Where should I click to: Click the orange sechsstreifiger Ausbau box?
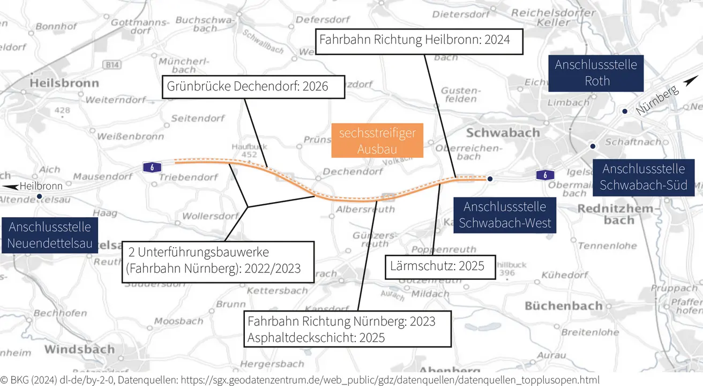pyautogui.click(x=377, y=141)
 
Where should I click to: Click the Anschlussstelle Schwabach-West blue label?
pyautogui.click(x=505, y=214)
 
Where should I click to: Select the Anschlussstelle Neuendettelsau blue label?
pyautogui.click(x=49, y=235)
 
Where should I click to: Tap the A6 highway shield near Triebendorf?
pyautogui.click(x=152, y=167)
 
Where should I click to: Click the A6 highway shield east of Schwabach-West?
pyautogui.click(x=544, y=175)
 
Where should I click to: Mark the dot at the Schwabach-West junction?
pyautogui.click(x=490, y=179)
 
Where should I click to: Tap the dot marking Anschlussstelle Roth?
pyautogui.click(x=625, y=111)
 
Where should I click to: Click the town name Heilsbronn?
pyautogui.click(x=64, y=83)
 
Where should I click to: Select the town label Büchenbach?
pyautogui.click(x=564, y=306)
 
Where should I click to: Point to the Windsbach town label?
pyautogui.click(x=79, y=350)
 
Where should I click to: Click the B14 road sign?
pyautogui.click(x=113, y=65)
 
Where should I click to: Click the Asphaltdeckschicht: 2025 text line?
pyautogui.click(x=316, y=338)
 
